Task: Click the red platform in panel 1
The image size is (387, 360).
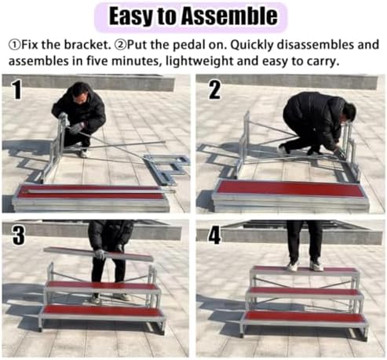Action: pyautogui.click(x=90, y=192)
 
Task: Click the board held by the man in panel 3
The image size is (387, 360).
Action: pyautogui.click(x=98, y=253)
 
